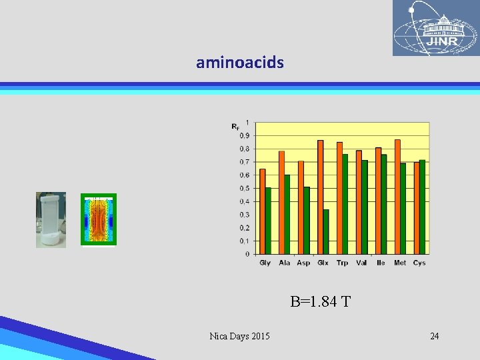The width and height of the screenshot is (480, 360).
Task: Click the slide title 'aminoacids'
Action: point(240,63)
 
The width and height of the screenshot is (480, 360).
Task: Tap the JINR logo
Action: point(435,28)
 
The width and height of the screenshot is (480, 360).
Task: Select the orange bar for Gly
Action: point(263,211)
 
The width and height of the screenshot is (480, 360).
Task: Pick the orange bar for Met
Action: point(397,197)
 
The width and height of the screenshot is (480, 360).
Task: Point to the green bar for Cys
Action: point(423,207)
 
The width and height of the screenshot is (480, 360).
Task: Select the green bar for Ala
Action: point(287,214)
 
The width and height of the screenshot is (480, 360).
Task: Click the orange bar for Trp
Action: point(339,198)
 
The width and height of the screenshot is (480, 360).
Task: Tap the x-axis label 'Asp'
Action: point(303,263)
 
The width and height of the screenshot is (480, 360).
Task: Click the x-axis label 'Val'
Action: point(361,263)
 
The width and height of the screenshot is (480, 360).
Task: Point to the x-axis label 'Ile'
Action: point(381,263)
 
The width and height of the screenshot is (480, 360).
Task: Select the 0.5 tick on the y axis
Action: point(245,189)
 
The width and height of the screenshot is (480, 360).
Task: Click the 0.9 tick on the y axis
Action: point(245,136)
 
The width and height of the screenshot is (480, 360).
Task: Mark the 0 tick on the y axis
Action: point(247,254)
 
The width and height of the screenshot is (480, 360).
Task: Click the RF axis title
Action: point(235,126)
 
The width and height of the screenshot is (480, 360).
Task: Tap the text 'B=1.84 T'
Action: point(320,302)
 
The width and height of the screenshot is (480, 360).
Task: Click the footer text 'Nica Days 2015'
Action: point(239,336)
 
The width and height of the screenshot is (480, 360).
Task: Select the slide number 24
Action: point(434,336)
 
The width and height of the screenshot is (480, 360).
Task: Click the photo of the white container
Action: point(51,220)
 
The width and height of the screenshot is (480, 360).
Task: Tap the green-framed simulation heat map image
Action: point(99,219)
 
